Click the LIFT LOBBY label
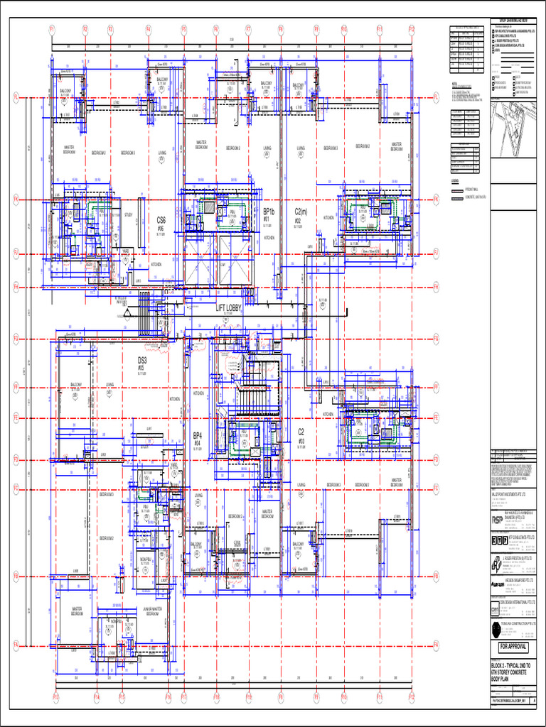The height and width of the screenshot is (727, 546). point(230,307)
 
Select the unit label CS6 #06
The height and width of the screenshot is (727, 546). point(161,224)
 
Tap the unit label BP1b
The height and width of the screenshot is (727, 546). point(269,213)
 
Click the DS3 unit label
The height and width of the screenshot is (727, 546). point(142,363)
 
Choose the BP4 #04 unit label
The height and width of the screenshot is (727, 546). point(198,438)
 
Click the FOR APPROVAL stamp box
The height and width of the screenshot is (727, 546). point(513,647)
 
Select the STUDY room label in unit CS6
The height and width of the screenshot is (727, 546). point(128,214)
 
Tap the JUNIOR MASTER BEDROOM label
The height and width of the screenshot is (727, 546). point(152,610)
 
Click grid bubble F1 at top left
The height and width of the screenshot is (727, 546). point(52,29)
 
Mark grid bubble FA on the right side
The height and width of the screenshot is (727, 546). point(437,643)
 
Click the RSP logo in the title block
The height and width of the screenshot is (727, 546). point(497,520)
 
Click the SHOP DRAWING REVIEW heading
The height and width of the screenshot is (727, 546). point(513,22)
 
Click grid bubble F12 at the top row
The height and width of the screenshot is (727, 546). point(412,29)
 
